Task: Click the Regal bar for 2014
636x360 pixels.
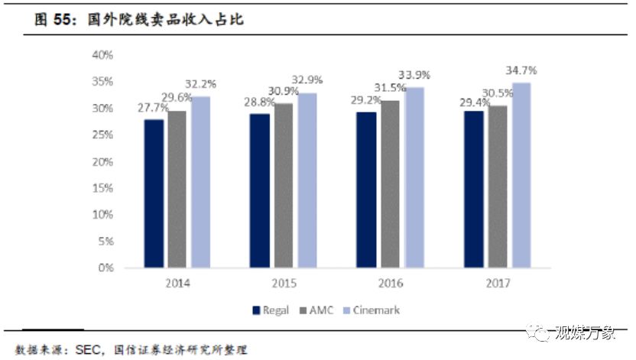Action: pyautogui.click(x=154, y=193)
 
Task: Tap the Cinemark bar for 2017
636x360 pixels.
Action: pyautogui.click(x=521, y=176)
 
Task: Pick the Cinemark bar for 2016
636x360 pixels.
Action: pyautogui.click(x=414, y=177)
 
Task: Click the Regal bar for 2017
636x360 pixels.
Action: pyautogui.click(x=474, y=190)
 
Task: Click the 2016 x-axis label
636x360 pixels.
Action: pyautogui.click(x=391, y=283)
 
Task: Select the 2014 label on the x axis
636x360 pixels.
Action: pyautogui.click(x=177, y=283)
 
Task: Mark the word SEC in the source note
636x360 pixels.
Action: pyautogui.click(x=90, y=350)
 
